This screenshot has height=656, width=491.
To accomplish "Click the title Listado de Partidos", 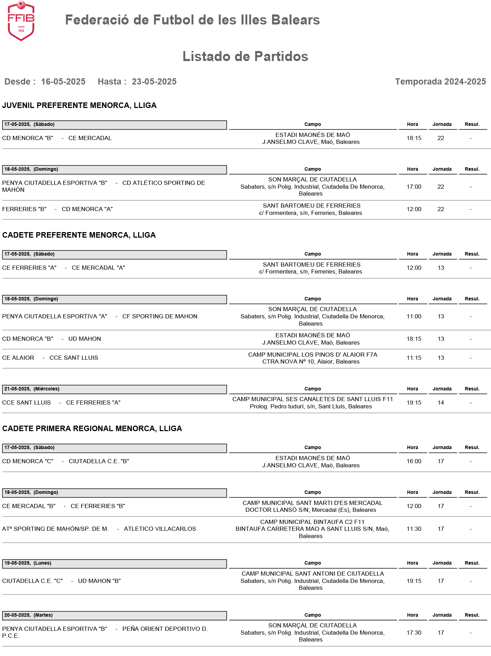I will click(245, 57).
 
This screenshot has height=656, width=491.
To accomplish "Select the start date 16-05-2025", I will click(63, 82).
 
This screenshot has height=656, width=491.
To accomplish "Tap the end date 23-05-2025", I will click(154, 82).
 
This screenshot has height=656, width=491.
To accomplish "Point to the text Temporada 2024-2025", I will click(440, 82).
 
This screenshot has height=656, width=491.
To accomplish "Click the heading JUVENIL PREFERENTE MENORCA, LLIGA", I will click(79, 106).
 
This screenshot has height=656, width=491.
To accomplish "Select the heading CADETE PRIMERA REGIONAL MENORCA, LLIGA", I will click(92, 429).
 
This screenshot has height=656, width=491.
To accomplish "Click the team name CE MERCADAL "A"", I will click(98, 268).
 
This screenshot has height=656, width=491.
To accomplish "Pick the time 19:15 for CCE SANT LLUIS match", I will click(414, 403).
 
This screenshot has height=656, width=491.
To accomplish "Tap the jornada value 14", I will click(441, 403).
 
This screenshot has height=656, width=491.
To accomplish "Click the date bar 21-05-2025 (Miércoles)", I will click(114, 389).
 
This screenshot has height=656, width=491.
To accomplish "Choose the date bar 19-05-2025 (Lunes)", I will click(114, 563).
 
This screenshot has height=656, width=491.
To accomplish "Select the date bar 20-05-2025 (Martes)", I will click(114, 615).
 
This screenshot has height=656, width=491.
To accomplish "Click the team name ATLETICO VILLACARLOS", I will click(160, 529).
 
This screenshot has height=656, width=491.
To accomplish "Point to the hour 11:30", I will click(414, 529).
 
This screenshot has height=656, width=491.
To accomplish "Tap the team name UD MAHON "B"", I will click(99, 581).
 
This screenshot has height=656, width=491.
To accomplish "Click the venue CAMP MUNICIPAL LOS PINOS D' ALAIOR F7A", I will click(312, 355).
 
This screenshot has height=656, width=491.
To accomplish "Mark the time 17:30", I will click(414, 633).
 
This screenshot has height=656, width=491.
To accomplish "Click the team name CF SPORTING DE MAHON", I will click(160, 317).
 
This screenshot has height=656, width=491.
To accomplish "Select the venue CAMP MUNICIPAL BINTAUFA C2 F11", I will click(312, 522).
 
